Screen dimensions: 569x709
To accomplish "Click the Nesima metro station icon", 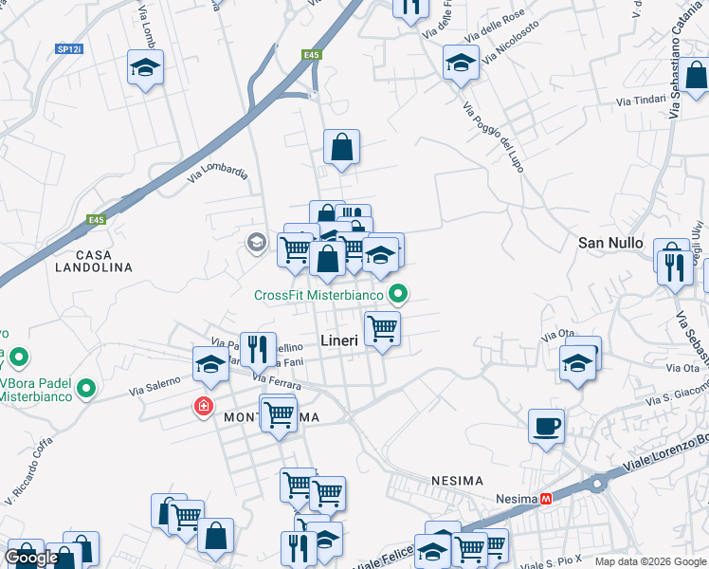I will [546, 499].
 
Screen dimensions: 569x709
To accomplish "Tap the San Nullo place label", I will [611, 243].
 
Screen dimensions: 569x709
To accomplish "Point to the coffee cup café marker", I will [546, 427].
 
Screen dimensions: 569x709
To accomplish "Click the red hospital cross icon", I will [203, 407].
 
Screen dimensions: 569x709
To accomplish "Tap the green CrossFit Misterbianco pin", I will [399, 295].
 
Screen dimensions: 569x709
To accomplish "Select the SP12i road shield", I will [69, 48].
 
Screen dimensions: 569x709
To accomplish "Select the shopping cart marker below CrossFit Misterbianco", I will [382, 329].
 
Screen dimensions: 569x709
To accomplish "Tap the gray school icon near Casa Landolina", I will [256, 243].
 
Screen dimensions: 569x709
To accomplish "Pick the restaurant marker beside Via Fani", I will [257, 348].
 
